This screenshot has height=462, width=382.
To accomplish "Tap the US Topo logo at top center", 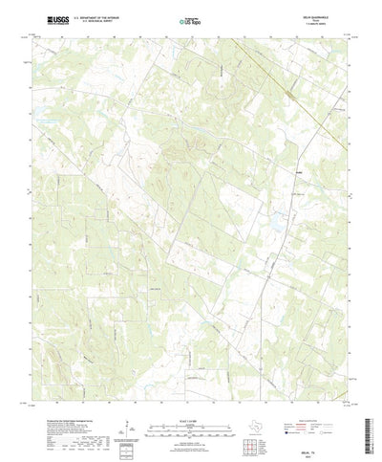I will click(x=190, y=19).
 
